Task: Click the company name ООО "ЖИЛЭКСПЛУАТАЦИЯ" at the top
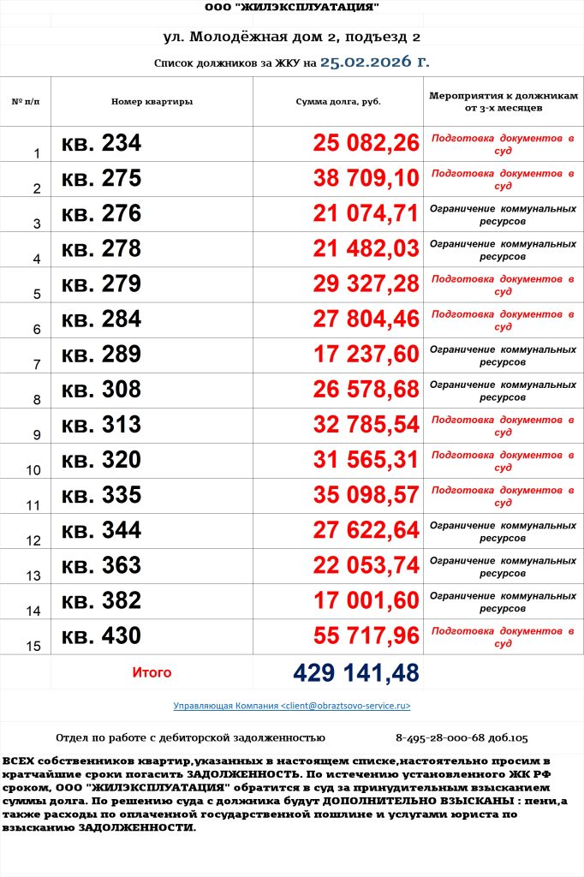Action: pos(292,8)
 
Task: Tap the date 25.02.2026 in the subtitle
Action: pos(374,62)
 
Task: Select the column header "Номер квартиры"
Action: pos(152,102)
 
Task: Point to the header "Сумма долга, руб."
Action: pos(337,102)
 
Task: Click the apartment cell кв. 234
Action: pos(101,143)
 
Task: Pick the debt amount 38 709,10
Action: pos(366,178)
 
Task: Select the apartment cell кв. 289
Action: pos(101,354)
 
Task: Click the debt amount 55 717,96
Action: pos(366,635)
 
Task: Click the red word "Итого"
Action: pos(152,673)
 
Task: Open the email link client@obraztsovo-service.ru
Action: pos(292,706)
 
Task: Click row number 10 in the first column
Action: pos(34,470)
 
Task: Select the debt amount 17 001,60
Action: pos(366,600)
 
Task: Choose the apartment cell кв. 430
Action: pos(101,635)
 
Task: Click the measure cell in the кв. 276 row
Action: pos(502,214)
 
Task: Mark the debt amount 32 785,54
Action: pos(366,424)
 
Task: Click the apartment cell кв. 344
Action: pos(101,530)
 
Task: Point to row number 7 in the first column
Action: pos(37,365)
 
